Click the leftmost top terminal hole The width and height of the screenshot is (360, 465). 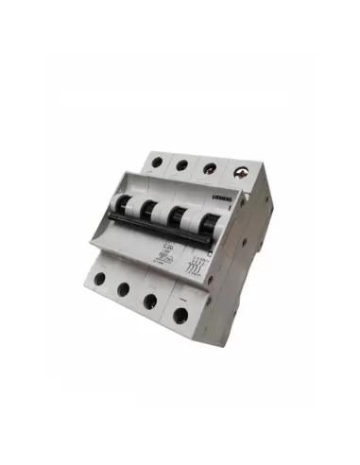tap(156, 162)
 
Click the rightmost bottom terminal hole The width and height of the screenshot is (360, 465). tap(180, 313)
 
